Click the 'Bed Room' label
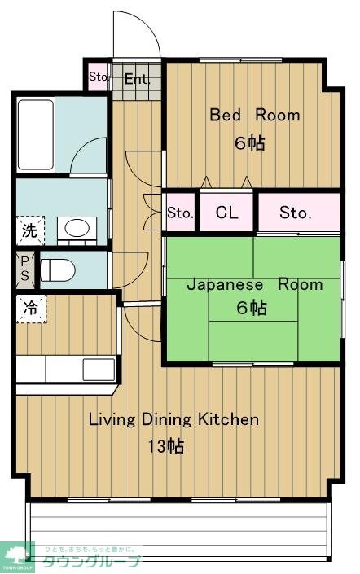[254, 115]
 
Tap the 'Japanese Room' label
[254, 285]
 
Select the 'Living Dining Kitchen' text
[173, 420]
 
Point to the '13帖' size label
[165, 446]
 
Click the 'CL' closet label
[227, 213]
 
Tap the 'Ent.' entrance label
[137, 79]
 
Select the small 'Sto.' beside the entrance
[98, 78]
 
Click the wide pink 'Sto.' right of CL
[296, 213]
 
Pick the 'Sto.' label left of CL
[180, 213]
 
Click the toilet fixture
[57, 269]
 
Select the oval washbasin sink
[77, 228]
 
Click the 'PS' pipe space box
[24, 269]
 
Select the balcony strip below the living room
[179, 529]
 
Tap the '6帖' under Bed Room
[250, 142]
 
